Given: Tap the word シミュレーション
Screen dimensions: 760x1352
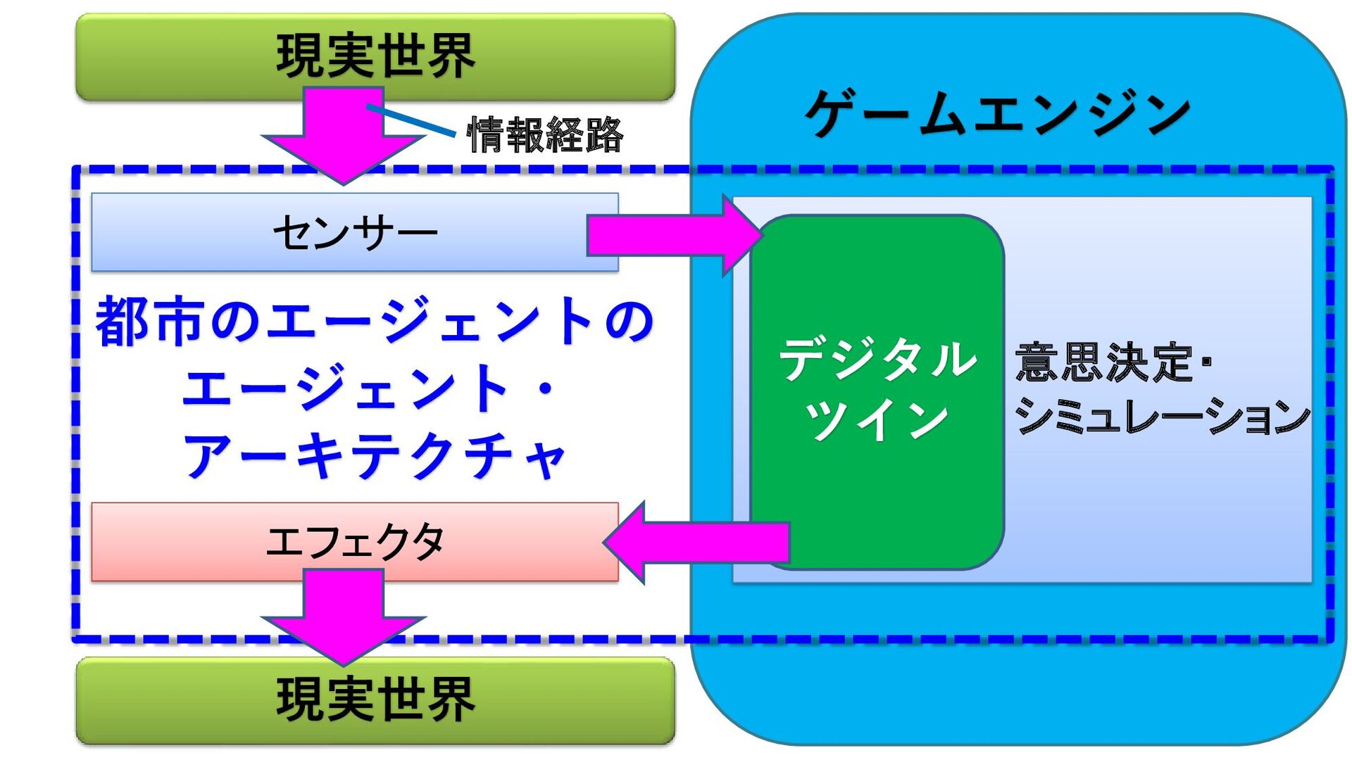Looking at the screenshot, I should click(x=1162, y=417).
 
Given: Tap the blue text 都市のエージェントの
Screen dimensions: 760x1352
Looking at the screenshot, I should click(x=375, y=322).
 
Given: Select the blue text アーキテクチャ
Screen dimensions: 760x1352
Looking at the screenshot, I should click(x=375, y=456).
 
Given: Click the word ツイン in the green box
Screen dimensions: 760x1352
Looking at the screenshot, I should click(x=877, y=419).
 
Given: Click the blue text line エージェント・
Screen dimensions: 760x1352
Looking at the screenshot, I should click(x=366, y=388).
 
